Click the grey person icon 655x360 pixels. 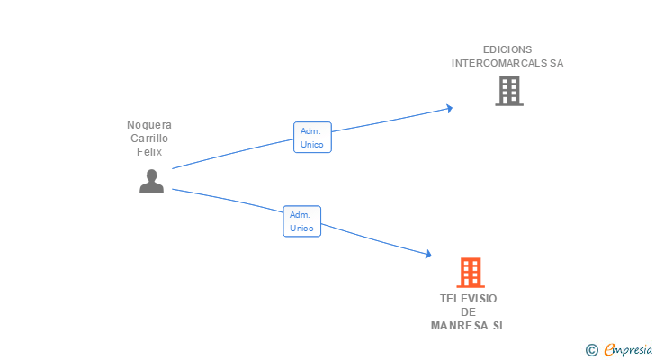[151, 181]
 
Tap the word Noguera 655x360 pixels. [149, 125]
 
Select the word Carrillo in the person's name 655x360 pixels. [149, 139]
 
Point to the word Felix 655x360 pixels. [149, 152]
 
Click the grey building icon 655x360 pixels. [508, 91]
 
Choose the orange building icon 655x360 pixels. [470, 273]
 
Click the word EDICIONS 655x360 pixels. [507, 49]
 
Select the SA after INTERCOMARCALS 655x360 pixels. [557, 64]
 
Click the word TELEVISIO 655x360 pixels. [468, 299]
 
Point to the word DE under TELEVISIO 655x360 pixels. [468, 312]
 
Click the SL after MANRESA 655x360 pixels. [498, 326]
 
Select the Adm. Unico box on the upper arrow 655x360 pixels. [312, 137]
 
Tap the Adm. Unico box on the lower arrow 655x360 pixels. [301, 221]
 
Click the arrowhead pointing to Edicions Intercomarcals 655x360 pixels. [448, 109]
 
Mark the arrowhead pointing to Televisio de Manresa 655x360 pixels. [427, 256]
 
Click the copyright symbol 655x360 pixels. [592, 350]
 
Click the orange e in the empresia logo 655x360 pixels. [609, 350]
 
